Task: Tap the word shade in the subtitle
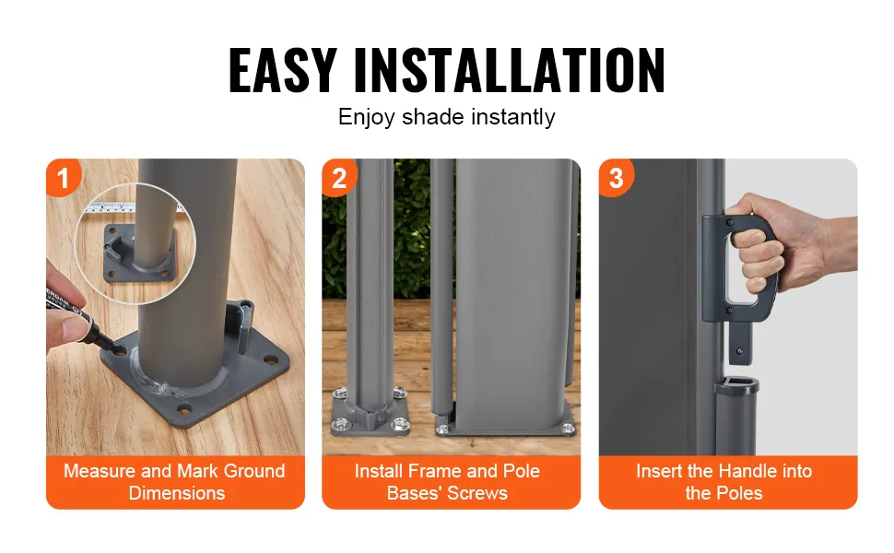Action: tap(433, 117)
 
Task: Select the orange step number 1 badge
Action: tap(62, 177)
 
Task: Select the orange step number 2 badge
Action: tap(339, 178)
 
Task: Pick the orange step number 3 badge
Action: tap(616, 178)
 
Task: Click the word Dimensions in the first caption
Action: tap(177, 493)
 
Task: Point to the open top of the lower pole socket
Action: tap(736, 382)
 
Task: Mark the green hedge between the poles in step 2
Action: tap(412, 228)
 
